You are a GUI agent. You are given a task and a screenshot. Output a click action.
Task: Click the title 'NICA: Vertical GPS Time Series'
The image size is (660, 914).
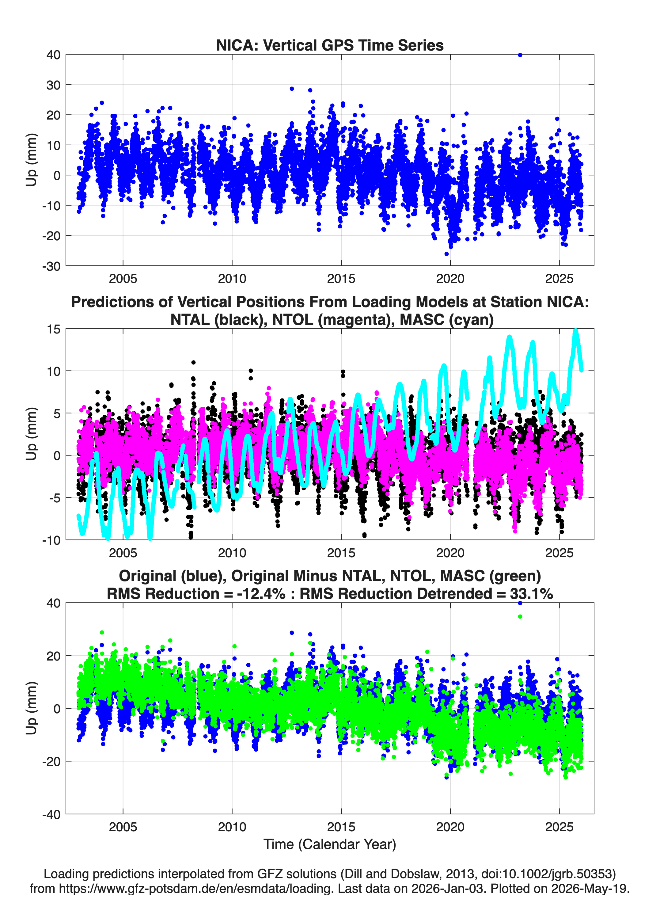click(330, 45)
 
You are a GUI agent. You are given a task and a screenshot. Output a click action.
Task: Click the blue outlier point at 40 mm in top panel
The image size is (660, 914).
click(520, 55)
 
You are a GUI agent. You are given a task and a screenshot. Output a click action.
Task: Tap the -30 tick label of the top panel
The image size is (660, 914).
click(51, 266)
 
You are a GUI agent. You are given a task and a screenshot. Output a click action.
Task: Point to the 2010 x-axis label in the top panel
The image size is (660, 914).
click(232, 279)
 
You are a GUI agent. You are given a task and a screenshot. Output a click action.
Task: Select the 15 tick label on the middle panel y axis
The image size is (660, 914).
click(54, 329)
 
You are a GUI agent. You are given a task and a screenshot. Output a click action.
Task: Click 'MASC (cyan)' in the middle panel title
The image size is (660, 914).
click(447, 320)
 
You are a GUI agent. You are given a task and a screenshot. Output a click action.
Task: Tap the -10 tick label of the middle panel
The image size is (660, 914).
click(51, 540)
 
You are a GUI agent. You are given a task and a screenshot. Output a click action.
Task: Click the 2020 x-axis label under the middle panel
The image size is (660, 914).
click(450, 553)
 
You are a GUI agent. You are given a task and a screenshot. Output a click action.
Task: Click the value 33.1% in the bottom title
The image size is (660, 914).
click(532, 594)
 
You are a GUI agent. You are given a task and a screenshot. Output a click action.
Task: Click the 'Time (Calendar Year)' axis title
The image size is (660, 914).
click(330, 844)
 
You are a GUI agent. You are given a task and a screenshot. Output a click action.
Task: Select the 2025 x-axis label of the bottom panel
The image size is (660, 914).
click(559, 827)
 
